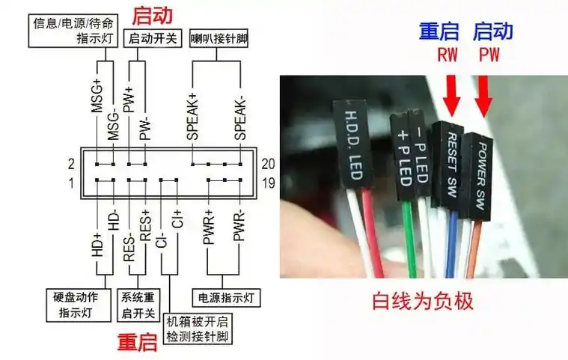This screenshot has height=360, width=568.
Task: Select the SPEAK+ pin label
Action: (x=192, y=116)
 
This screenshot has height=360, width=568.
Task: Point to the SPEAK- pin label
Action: (x=239, y=116)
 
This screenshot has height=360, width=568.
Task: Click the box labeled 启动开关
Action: (x=153, y=38)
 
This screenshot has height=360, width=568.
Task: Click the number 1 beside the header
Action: (x=71, y=183)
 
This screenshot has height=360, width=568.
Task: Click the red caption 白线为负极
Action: (x=423, y=302)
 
